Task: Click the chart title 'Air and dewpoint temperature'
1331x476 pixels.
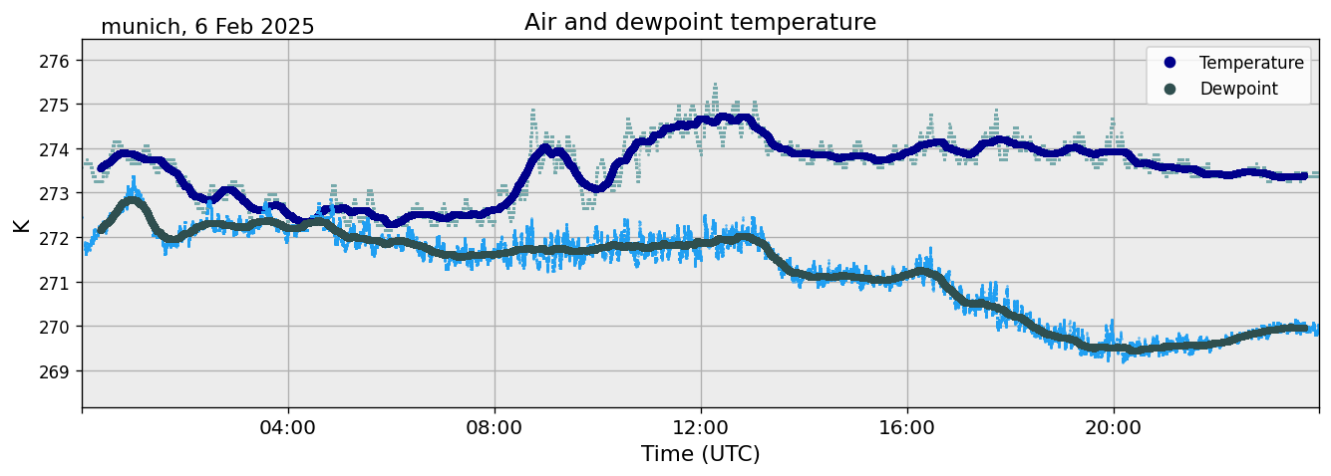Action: click(x=700, y=22)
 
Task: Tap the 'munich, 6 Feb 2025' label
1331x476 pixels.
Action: click(x=207, y=27)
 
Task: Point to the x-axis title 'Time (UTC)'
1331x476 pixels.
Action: click(x=700, y=454)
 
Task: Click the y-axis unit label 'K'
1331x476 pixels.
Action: click(x=21, y=224)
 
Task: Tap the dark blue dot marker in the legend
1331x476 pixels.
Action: click(x=1169, y=63)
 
